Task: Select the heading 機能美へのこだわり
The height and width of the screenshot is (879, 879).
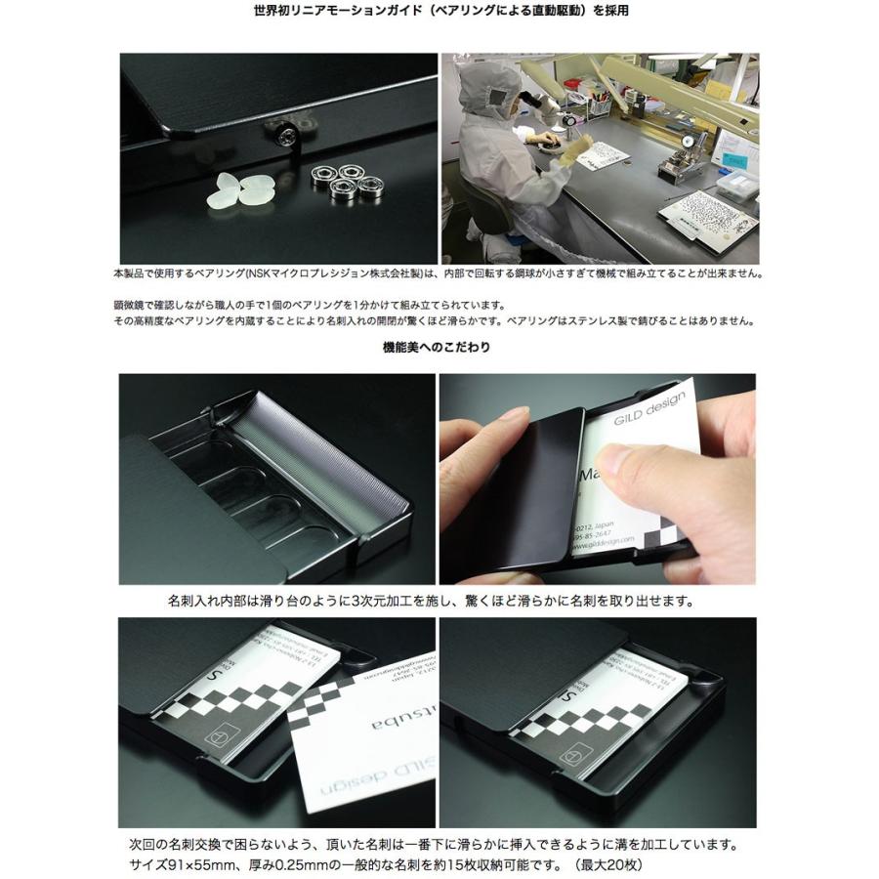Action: (x=438, y=347)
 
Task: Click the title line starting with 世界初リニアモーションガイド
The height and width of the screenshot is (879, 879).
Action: (x=439, y=13)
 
